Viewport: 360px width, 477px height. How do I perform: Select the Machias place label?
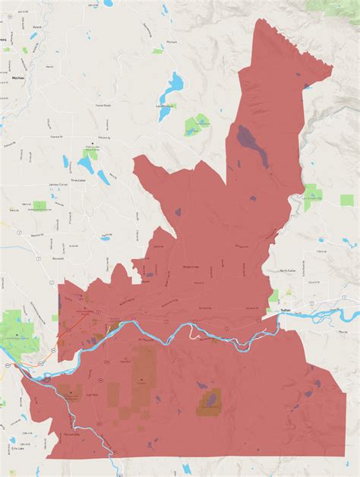(x=19, y=77)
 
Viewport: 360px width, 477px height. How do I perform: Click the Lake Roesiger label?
(x=166, y=106)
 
